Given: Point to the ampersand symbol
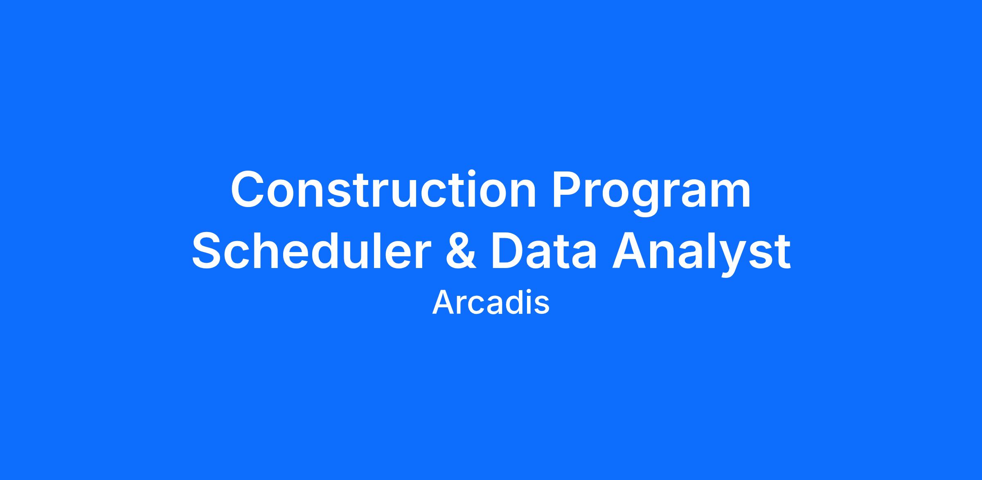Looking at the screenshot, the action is tap(461, 250).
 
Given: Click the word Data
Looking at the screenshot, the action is tap(544, 250).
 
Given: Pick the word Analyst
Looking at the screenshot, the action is tap(701, 254).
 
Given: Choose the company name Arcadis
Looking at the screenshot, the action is tap(491, 303).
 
